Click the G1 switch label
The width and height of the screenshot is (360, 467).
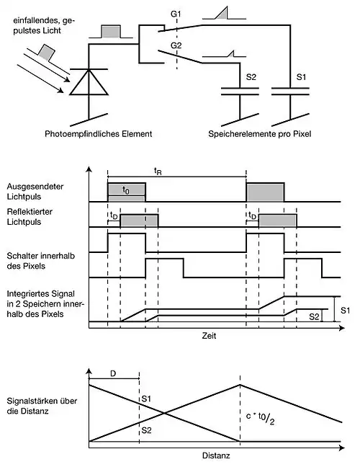pyautogui.click(x=176, y=14)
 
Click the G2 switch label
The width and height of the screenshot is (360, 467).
pyautogui.click(x=176, y=45)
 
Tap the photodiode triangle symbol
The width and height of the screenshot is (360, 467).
pyautogui.click(x=89, y=82)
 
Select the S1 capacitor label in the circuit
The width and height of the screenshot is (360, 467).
pyautogui.click(x=301, y=77)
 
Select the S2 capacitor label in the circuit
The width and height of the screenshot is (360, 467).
pyautogui.click(x=251, y=77)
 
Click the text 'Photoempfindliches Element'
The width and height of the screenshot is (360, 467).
pyautogui.click(x=98, y=134)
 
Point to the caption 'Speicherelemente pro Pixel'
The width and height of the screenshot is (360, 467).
pyautogui.click(x=260, y=134)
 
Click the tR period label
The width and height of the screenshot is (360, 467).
pyautogui.click(x=158, y=172)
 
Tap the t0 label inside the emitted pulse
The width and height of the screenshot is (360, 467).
pyautogui.click(x=126, y=190)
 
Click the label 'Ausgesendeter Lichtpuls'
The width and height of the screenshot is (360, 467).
pyautogui.click(x=35, y=192)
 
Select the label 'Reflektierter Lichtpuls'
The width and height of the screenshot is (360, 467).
pyautogui.click(x=30, y=217)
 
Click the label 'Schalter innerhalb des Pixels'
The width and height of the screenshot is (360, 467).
pyautogui.click(x=41, y=261)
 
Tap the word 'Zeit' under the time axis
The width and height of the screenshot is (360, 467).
pyautogui.click(x=209, y=336)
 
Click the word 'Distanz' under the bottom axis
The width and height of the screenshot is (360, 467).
pyautogui.click(x=216, y=455)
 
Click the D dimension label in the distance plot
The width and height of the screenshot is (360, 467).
pyautogui.click(x=113, y=373)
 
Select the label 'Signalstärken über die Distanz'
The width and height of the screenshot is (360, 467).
pyautogui.click(x=42, y=406)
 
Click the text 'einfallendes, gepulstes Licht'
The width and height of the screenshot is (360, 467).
pyautogui.click(x=44, y=26)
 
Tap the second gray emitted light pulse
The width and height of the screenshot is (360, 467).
pyautogui.click(x=265, y=192)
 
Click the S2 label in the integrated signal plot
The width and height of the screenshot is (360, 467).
pyautogui.click(x=314, y=316)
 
